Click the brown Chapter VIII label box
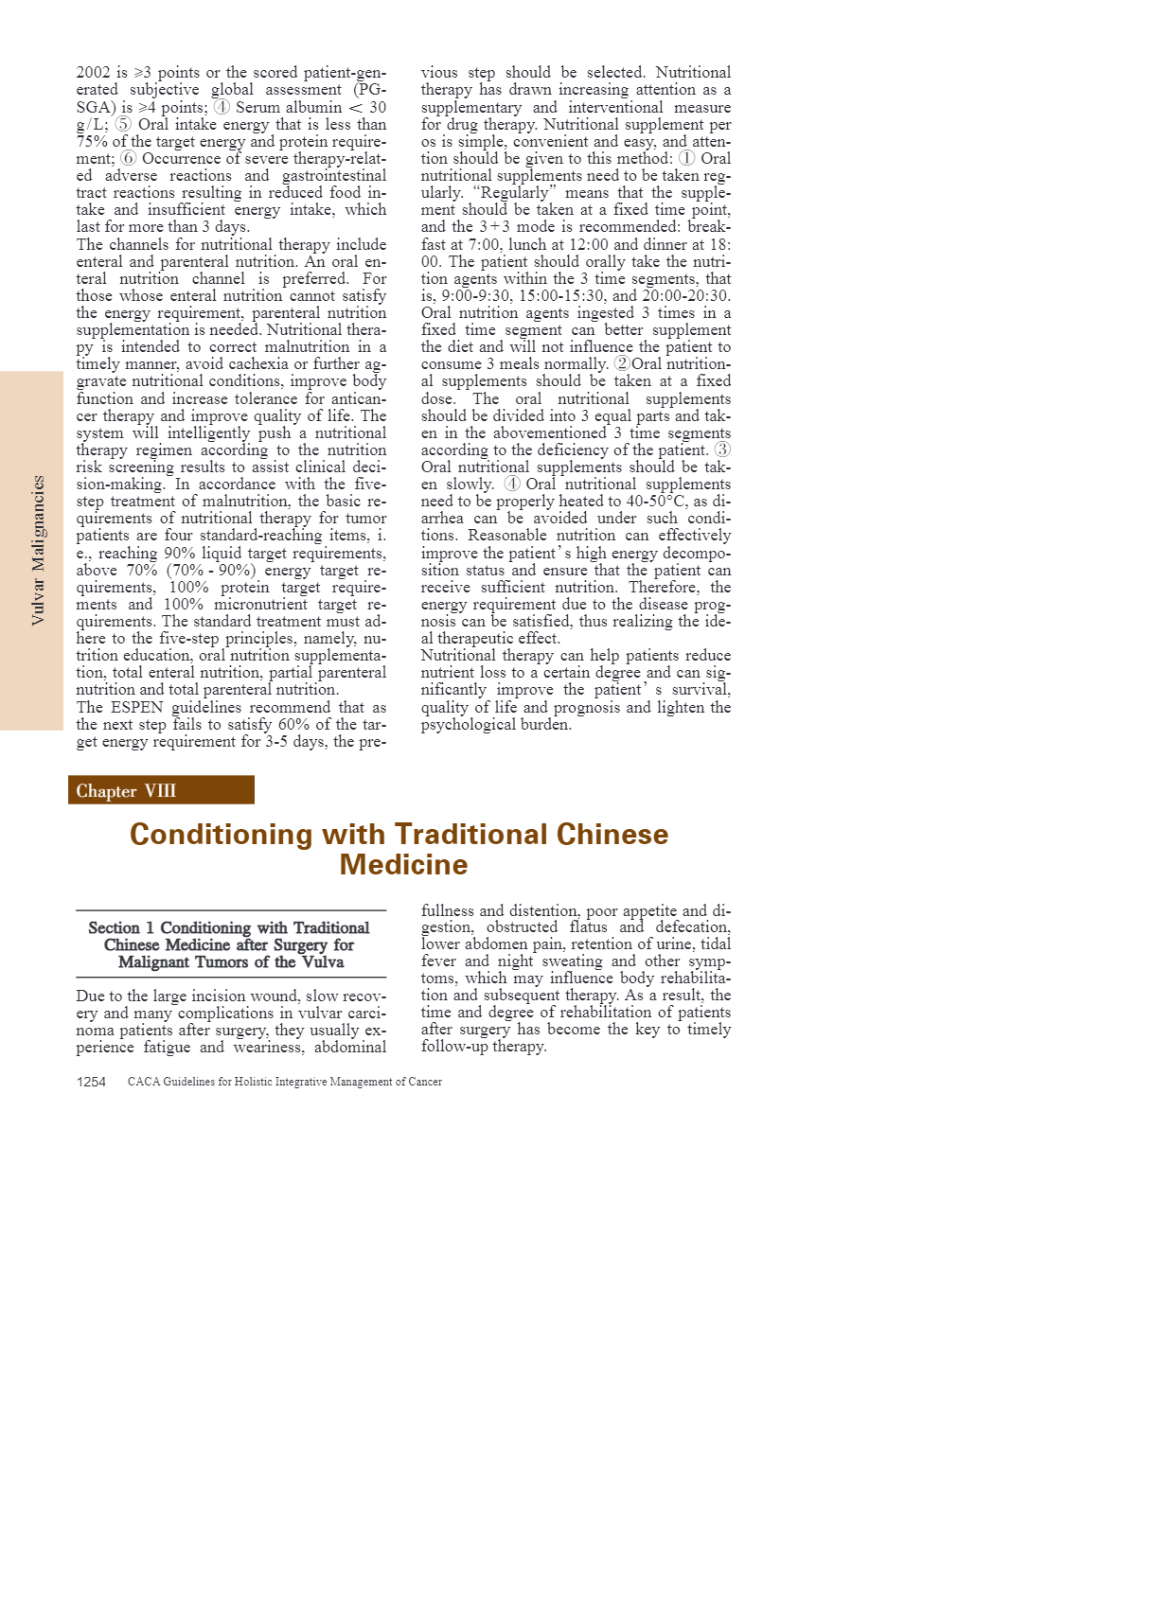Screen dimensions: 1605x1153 tap(161, 790)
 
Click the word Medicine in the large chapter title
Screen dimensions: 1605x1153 tap(403, 865)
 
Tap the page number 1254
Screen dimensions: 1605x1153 tap(91, 1082)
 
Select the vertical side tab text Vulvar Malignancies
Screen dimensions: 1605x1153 tap(38, 550)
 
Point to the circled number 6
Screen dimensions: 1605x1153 tap(129, 158)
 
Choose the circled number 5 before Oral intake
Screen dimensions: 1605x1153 tap(124, 124)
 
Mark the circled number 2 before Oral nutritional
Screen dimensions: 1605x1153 tap(622, 363)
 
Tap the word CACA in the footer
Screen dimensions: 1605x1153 tap(144, 1082)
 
